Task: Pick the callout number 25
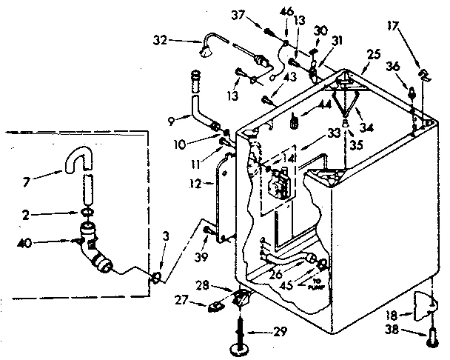(373, 54)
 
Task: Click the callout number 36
(394, 66)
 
